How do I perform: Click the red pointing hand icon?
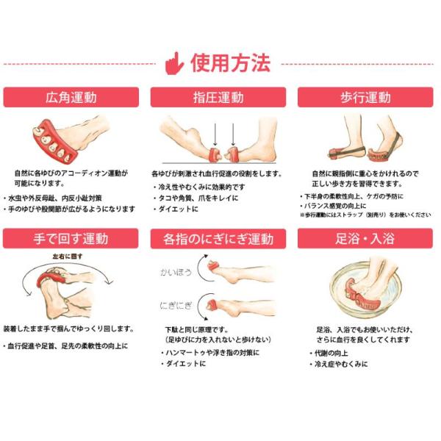click(174, 63)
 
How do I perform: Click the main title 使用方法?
click(231, 63)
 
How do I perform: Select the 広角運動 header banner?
click(71, 97)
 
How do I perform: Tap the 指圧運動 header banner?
click(218, 97)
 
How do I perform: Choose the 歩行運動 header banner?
click(365, 97)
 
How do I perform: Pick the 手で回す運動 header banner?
click(71, 238)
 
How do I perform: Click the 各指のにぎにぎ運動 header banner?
click(218, 239)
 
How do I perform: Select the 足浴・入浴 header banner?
click(365, 238)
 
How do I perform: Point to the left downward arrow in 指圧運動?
click(215, 135)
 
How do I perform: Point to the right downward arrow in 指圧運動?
click(233, 135)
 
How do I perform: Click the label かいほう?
click(176, 272)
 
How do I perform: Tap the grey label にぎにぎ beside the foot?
click(176, 306)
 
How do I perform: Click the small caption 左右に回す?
click(68, 257)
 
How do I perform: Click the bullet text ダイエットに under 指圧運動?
click(179, 209)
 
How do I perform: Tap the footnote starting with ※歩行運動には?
click(365, 215)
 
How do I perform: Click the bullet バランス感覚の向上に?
click(334, 206)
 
